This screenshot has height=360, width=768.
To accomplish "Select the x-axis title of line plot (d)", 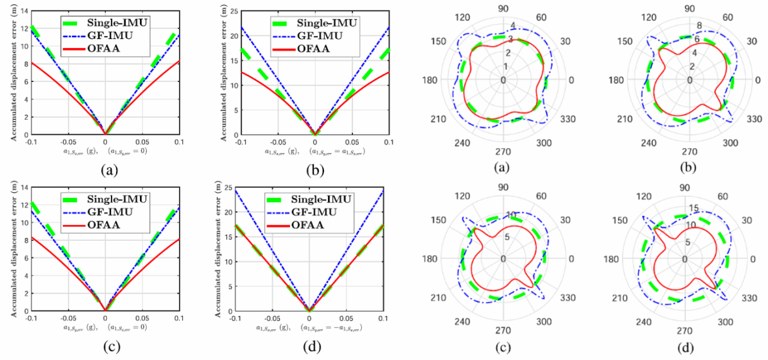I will [309, 328].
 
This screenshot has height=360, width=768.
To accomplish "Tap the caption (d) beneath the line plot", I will [309, 345].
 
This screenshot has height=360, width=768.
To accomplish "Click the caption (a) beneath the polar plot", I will [503, 168].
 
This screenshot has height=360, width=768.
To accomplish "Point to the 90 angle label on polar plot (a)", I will [503, 9].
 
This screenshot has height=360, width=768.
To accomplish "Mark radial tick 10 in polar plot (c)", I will [509, 216].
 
